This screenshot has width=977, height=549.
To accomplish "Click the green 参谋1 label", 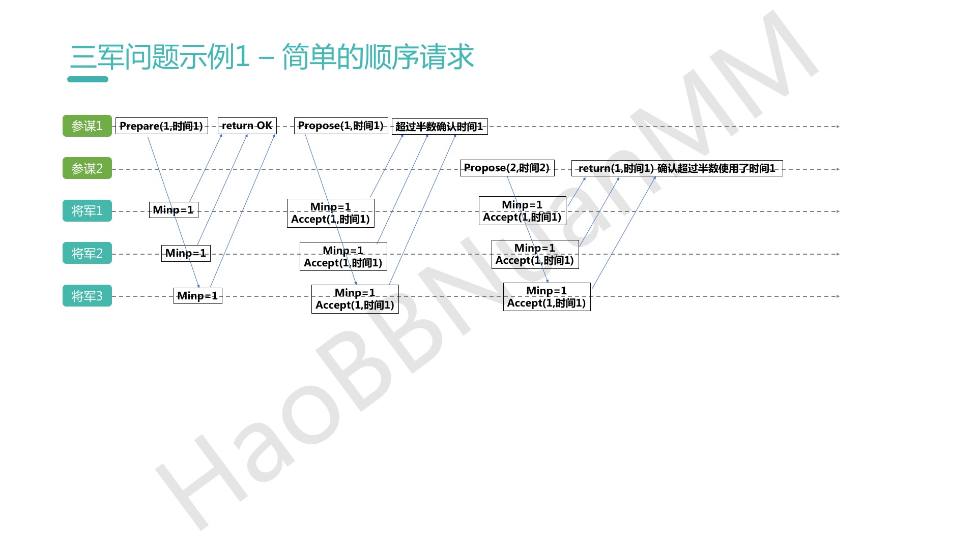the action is pos(87,126).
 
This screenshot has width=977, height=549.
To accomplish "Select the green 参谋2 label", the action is pos(87,168).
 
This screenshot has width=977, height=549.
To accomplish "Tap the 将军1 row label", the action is pos(87,210).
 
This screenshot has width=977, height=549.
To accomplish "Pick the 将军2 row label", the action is pos(87,253).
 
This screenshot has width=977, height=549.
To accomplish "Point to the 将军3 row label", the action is pos(87,296).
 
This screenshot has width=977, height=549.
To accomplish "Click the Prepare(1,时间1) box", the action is pos(161,126).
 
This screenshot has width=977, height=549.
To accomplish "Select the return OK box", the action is pos(247,126).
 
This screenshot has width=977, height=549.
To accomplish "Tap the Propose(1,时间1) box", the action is pos(340,126).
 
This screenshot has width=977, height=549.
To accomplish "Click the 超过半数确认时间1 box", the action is pos(440,127).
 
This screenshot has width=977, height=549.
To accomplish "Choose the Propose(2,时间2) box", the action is pos(507,168).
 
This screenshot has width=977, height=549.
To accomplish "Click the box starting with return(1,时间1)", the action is pos(677,168).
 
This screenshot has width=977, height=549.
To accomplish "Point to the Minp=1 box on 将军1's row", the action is pos(173,210).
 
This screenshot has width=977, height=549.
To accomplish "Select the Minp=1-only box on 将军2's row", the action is pos(186,253).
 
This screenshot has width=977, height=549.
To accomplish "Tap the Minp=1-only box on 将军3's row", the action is pos(197,296).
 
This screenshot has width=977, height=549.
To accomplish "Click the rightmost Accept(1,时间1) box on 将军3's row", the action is pos(547,297).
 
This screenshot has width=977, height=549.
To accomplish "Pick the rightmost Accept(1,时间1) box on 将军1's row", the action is pos(522,211).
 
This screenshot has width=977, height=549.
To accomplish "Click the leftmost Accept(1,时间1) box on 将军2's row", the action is pos(343,256).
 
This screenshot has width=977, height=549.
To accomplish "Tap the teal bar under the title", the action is pos(88,79).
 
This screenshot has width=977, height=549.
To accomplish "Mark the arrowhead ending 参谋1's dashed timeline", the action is pos(838,127).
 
